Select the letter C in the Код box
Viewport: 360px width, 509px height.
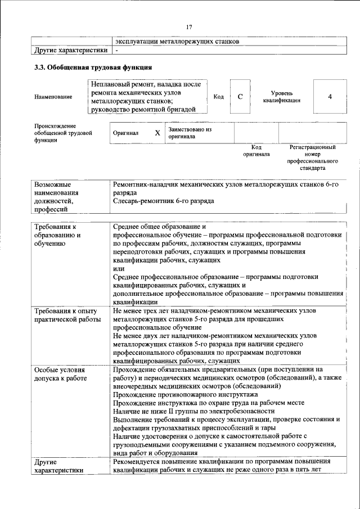(240, 97)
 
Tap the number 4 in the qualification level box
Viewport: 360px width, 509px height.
(330, 97)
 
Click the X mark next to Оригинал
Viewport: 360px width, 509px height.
(157, 133)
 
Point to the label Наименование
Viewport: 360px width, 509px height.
(53, 97)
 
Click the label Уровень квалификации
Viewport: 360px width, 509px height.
(281, 97)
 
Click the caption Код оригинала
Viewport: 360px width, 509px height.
(256, 151)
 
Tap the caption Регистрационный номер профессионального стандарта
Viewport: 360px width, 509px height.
(312, 157)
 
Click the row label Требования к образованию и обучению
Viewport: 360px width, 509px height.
(57, 235)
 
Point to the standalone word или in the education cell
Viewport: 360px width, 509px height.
(118, 269)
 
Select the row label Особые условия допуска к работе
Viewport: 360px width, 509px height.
(60, 374)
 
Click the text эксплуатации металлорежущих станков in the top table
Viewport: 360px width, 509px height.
(177, 41)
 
